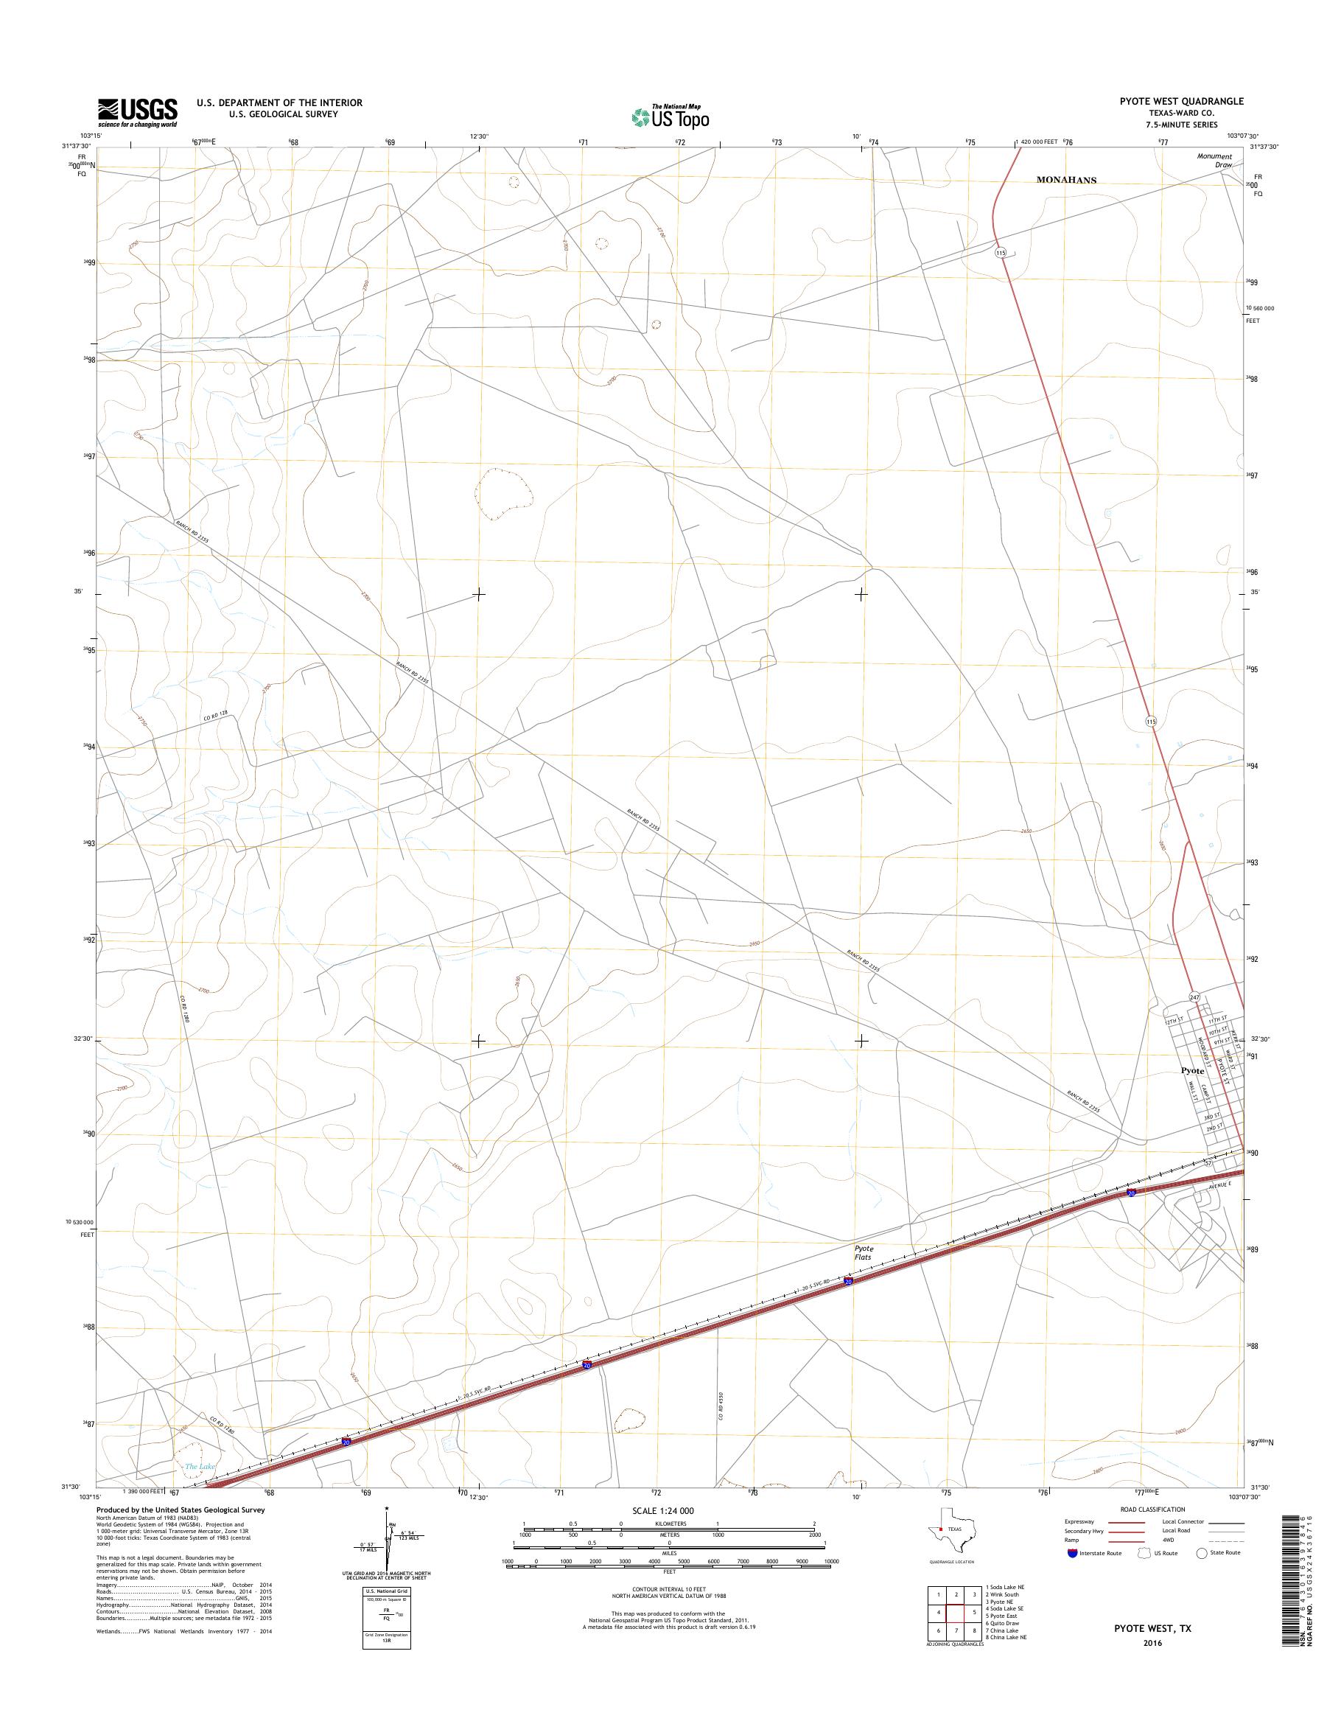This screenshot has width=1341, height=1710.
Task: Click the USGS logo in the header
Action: tap(137, 112)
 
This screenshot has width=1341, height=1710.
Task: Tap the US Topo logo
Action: tap(670, 117)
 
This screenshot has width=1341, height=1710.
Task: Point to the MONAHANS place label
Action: tap(1066, 180)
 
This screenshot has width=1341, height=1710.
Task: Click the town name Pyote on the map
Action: tap(1193, 1071)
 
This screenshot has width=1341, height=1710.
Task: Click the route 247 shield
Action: tap(1194, 997)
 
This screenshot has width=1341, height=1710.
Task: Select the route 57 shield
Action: tap(1209, 1163)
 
